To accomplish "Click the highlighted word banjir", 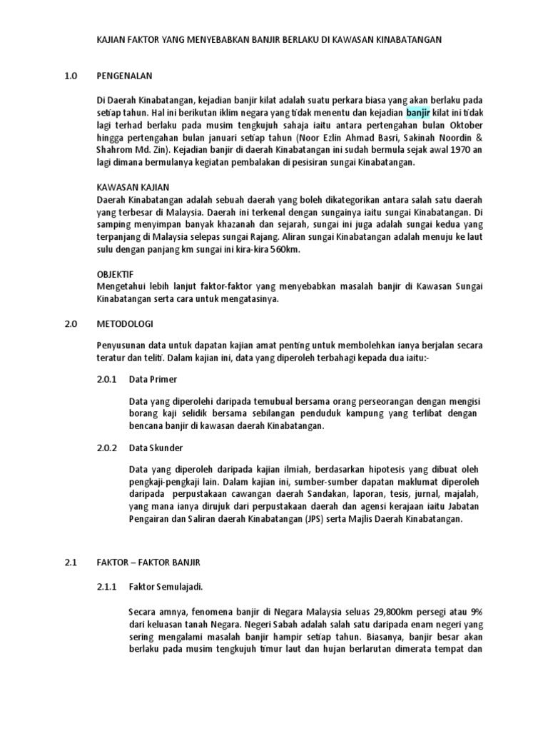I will pyautogui.click(x=418, y=112).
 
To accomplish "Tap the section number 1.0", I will pyautogui.click(x=70, y=75).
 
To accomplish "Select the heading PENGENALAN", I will pyautogui.click(x=124, y=75).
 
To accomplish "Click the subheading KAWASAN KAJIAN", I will pyautogui.click(x=133, y=187).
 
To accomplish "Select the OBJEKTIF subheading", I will pyautogui.click(x=116, y=274).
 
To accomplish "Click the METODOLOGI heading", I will pyautogui.click(x=128, y=324).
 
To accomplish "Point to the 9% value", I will pyautogui.click(x=474, y=612).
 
